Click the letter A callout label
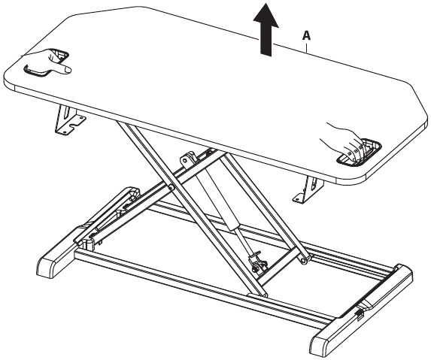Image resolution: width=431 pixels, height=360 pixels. coord(306,36)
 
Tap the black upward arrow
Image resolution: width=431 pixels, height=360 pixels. coord(266,29)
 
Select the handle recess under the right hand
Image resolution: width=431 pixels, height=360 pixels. coord(360,153)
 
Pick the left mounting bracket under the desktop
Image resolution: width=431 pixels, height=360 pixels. coord(69,120)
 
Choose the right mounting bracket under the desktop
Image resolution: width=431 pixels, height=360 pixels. coord(308,190)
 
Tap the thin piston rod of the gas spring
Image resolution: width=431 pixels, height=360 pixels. coord(244,239)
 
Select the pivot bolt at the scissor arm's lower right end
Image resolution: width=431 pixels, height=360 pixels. coord(303,260)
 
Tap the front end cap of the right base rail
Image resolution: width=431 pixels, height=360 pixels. coord(323,345)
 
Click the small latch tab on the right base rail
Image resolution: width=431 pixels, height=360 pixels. coord(360,315)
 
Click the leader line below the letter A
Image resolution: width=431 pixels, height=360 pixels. coord(306,47)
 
